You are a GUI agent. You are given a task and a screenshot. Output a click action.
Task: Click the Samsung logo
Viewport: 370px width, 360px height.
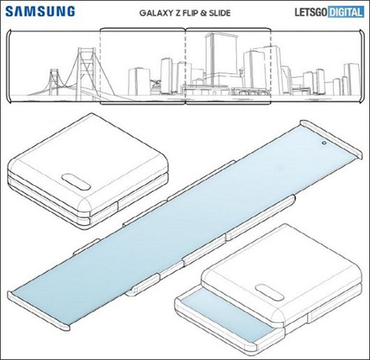pos(40,11)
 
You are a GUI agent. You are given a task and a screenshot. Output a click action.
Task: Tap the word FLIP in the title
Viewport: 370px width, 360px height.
pos(189,13)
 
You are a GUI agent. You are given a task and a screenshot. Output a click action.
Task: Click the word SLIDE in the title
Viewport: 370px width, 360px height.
pos(220,13)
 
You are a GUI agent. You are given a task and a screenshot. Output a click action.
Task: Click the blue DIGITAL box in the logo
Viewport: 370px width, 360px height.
pos(346,12)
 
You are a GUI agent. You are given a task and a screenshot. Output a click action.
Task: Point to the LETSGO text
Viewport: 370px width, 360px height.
pos(311,12)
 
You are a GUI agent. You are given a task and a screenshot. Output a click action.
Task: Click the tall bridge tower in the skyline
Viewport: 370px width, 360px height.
pos(87,73)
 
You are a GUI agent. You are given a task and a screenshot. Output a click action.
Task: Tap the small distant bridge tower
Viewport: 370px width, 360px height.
pos(54,82)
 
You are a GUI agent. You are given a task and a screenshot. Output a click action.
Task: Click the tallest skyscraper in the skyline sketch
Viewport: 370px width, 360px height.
pos(221,59)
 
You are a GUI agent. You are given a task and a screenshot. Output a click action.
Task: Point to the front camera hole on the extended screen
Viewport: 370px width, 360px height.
pos(324,143)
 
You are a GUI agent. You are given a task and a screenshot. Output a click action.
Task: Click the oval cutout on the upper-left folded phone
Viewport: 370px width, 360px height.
pos(76,182)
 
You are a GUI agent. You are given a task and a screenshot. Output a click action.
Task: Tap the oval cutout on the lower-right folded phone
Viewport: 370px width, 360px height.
pos(269,292)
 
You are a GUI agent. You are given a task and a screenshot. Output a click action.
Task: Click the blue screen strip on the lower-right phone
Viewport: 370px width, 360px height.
pos(227,315)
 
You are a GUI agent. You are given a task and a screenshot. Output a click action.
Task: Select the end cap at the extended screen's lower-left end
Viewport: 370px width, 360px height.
pos(38,310)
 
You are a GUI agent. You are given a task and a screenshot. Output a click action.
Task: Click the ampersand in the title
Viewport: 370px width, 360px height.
pos(203,13)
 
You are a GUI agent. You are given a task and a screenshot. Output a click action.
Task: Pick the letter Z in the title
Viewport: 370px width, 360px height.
pos(177,13)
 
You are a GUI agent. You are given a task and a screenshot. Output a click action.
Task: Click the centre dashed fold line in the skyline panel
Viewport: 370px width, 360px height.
pos(186,66)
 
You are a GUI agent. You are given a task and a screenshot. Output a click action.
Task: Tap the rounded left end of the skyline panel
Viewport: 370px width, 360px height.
pos(8,66)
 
